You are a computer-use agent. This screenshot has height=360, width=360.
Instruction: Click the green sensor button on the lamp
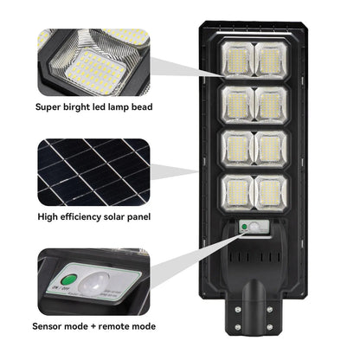point(245,228)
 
